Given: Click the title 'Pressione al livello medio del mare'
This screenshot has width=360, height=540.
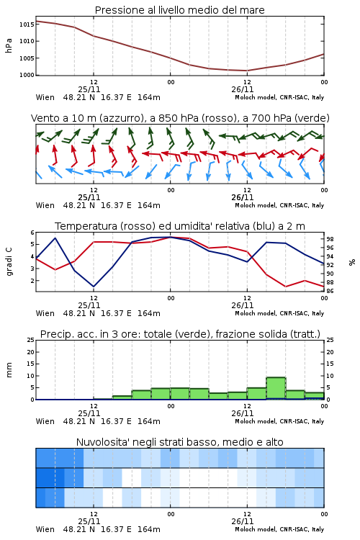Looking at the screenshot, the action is pos(179,10).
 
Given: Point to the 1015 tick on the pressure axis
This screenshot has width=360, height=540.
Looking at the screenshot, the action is pos(27,24).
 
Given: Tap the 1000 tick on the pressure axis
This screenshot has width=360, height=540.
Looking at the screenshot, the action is pos(27,75).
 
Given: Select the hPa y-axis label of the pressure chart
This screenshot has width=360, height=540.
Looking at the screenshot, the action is pos(9,45).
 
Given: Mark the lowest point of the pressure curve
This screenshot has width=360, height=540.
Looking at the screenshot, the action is pos(247,71).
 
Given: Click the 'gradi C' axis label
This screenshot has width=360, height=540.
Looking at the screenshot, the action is pos(9,262).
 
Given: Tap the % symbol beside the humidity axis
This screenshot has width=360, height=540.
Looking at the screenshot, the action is pos(352,262).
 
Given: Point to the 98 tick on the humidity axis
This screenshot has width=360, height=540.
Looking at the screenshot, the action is pos(330,239).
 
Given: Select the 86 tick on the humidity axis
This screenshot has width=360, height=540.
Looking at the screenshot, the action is pos(330,291).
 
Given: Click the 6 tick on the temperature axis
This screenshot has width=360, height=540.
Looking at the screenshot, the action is pos(32,233).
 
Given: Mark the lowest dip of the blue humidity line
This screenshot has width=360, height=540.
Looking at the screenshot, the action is pos(94,287).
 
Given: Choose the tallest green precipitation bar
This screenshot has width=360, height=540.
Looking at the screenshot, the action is pos(276,389).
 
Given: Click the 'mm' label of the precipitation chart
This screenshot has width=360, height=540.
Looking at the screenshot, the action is pos(9,370).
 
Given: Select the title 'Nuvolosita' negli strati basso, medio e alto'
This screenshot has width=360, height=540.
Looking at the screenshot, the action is pos(179,442).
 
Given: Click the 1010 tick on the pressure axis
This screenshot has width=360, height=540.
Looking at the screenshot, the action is pos(27,41).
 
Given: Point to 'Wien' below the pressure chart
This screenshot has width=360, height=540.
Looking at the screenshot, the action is pos(45,97).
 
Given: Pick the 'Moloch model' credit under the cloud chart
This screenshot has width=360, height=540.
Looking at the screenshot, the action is pos(255,529).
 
